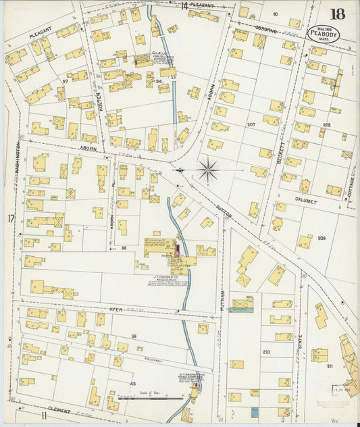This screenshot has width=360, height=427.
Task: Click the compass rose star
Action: (x=207, y=170)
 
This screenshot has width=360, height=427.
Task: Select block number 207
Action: (x=251, y=125)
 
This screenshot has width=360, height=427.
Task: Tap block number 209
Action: (x=321, y=238)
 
